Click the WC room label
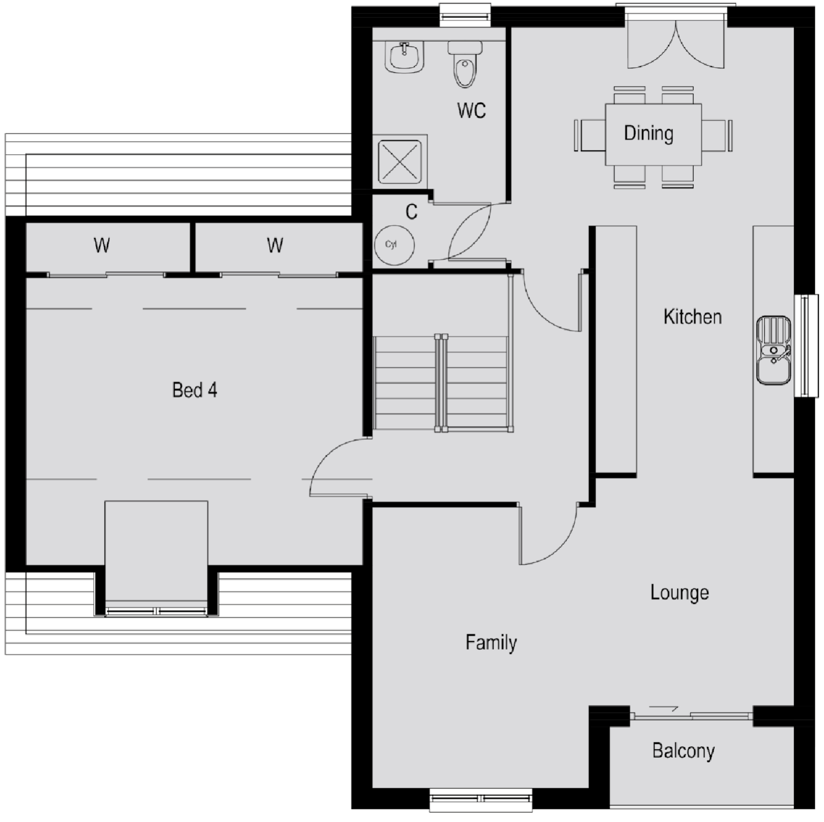point(471,110)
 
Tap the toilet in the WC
point(465,65)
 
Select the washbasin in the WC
point(405,57)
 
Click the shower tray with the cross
point(399,161)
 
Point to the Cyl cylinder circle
point(394,245)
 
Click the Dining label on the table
point(648,133)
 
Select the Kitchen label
point(692,316)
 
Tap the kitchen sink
point(773,350)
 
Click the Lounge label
point(679,593)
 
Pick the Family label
point(491,642)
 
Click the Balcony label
point(683,751)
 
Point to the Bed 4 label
point(195,390)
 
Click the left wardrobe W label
point(102,246)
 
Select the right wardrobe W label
point(275,246)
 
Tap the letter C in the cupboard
point(411,212)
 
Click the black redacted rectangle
point(121,763)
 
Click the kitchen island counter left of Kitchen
point(616,349)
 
